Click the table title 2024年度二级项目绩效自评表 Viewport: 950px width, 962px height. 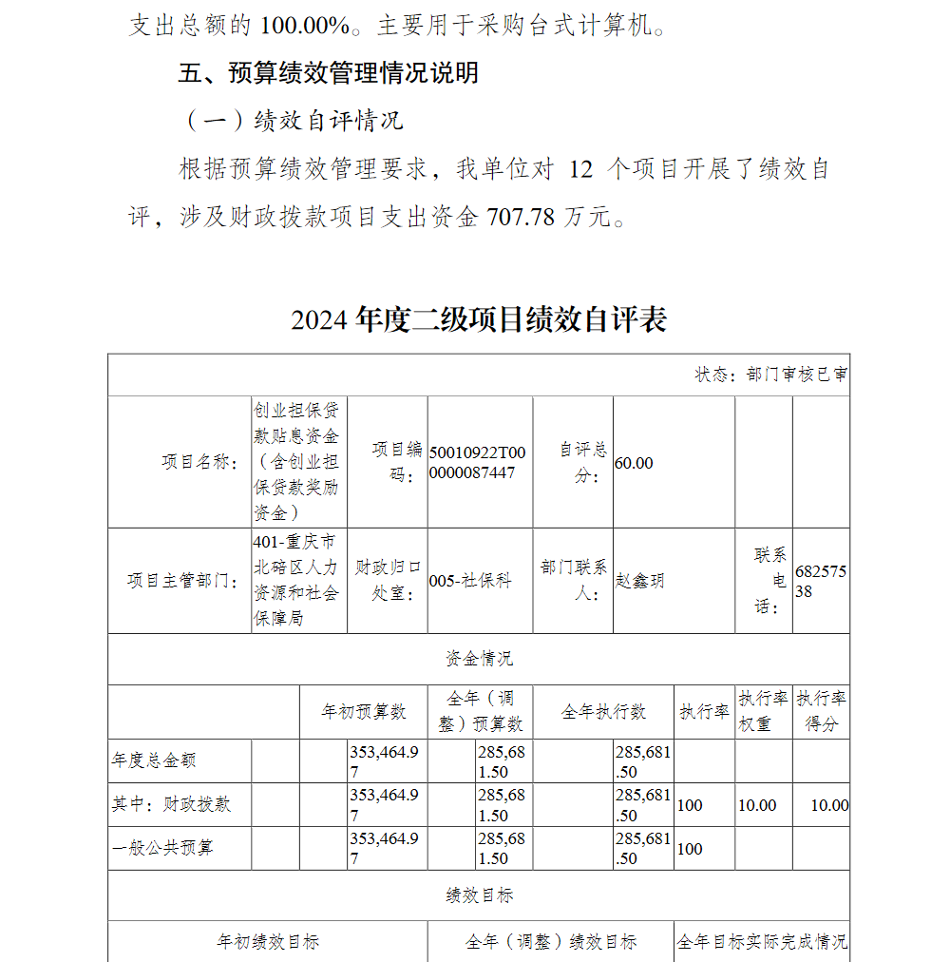tap(479, 319)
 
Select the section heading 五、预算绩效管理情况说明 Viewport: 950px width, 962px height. tap(329, 72)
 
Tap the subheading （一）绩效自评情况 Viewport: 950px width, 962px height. tap(291, 121)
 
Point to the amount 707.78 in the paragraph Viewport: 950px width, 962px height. tap(520, 217)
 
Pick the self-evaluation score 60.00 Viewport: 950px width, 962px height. tap(635, 463)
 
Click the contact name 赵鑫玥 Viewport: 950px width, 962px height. tap(640, 581)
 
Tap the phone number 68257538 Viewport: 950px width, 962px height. tap(820, 581)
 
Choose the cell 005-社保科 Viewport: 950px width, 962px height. tap(470, 581)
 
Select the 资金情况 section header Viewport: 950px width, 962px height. tap(479, 659)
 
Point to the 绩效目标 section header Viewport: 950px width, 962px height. tap(479, 895)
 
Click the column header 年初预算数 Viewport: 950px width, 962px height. tap(364, 711)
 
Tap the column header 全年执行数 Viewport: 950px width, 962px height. tap(603, 711)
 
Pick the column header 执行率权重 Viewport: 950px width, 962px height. tap(764, 711)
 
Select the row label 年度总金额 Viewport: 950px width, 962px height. tap(154, 760)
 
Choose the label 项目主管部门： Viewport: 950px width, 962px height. tap(183, 581)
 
